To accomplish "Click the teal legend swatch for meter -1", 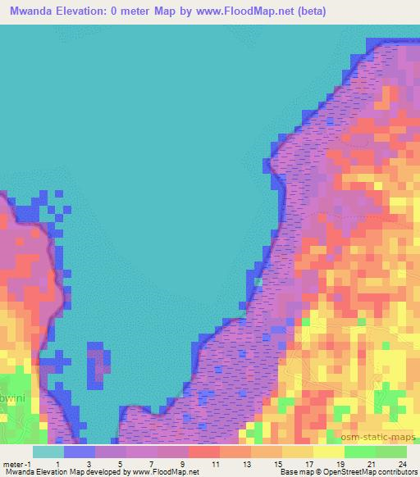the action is [x=48, y=451].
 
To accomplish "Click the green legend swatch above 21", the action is [x=359, y=451].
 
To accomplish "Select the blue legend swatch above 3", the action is [x=79, y=451].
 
